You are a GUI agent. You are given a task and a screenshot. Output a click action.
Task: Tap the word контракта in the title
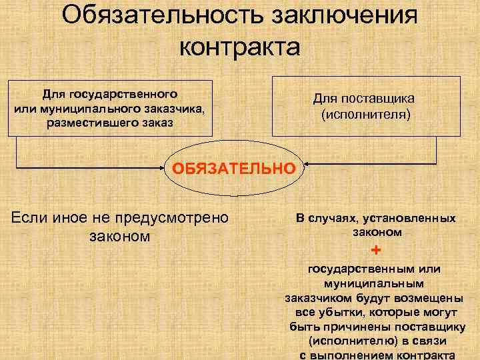coord(240,48)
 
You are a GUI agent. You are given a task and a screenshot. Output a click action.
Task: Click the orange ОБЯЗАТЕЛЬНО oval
coord(233,169)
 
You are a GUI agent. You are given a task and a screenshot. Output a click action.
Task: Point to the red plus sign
coord(377,251)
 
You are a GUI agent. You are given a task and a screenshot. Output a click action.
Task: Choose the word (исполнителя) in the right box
coord(367,114)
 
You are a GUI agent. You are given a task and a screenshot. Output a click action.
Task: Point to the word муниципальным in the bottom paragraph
coord(377,283)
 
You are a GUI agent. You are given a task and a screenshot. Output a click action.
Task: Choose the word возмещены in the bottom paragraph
coord(427,298)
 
